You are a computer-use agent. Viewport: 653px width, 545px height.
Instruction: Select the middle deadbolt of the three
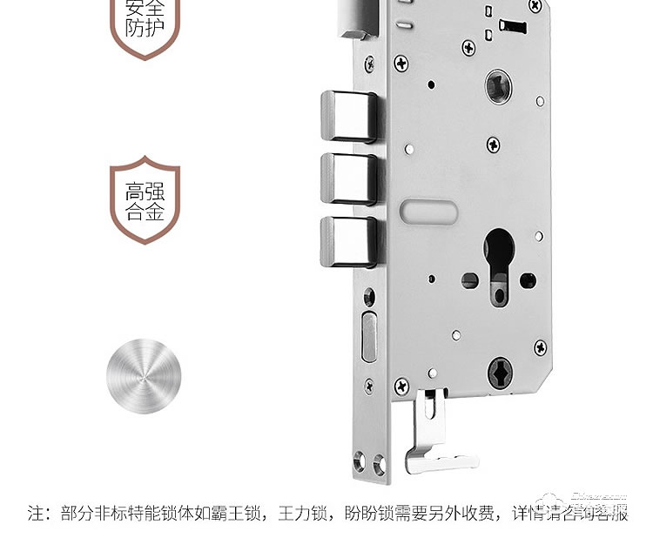tap(348, 178)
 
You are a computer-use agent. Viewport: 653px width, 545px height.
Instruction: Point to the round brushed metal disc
tap(145, 379)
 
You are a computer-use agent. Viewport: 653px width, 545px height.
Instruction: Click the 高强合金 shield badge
tap(145, 200)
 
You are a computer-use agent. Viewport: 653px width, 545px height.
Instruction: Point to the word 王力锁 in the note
tap(304, 513)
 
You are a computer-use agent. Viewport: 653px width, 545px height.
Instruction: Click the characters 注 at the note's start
tap(37, 513)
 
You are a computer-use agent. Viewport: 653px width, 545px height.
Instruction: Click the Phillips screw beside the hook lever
tap(401, 384)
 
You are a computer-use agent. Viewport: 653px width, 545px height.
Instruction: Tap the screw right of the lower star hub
tap(540, 347)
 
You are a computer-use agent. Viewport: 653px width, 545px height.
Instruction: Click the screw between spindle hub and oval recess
tap(493, 143)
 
